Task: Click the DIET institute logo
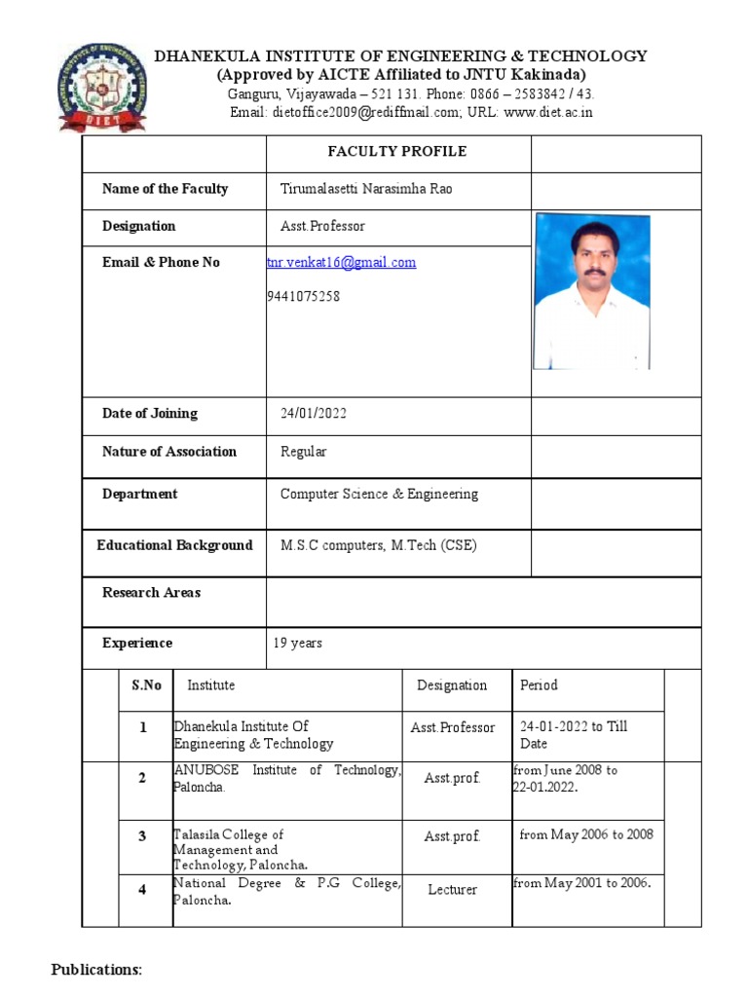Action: [x=103, y=87]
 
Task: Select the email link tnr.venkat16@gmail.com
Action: [x=342, y=263]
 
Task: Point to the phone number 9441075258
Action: [x=303, y=297]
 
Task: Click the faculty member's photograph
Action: [x=591, y=291]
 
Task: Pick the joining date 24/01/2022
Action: [x=314, y=414]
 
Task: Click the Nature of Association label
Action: [x=169, y=452]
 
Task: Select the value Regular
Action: [x=304, y=452]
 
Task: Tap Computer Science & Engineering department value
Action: [x=379, y=495]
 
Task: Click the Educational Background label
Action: [x=174, y=545]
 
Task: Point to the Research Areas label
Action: [x=151, y=593]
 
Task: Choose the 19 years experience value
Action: [x=298, y=644]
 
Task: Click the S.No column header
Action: [x=146, y=685]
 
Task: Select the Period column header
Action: [x=539, y=685]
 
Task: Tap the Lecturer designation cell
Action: [x=452, y=890]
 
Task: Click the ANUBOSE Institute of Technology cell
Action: [x=286, y=779]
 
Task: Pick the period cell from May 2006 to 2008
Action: [x=586, y=834]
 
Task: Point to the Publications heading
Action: [x=96, y=970]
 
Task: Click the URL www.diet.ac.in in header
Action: [x=548, y=113]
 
